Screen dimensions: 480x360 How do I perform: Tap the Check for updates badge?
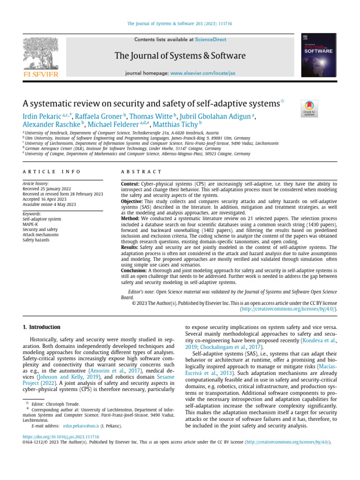[x=310, y=108]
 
